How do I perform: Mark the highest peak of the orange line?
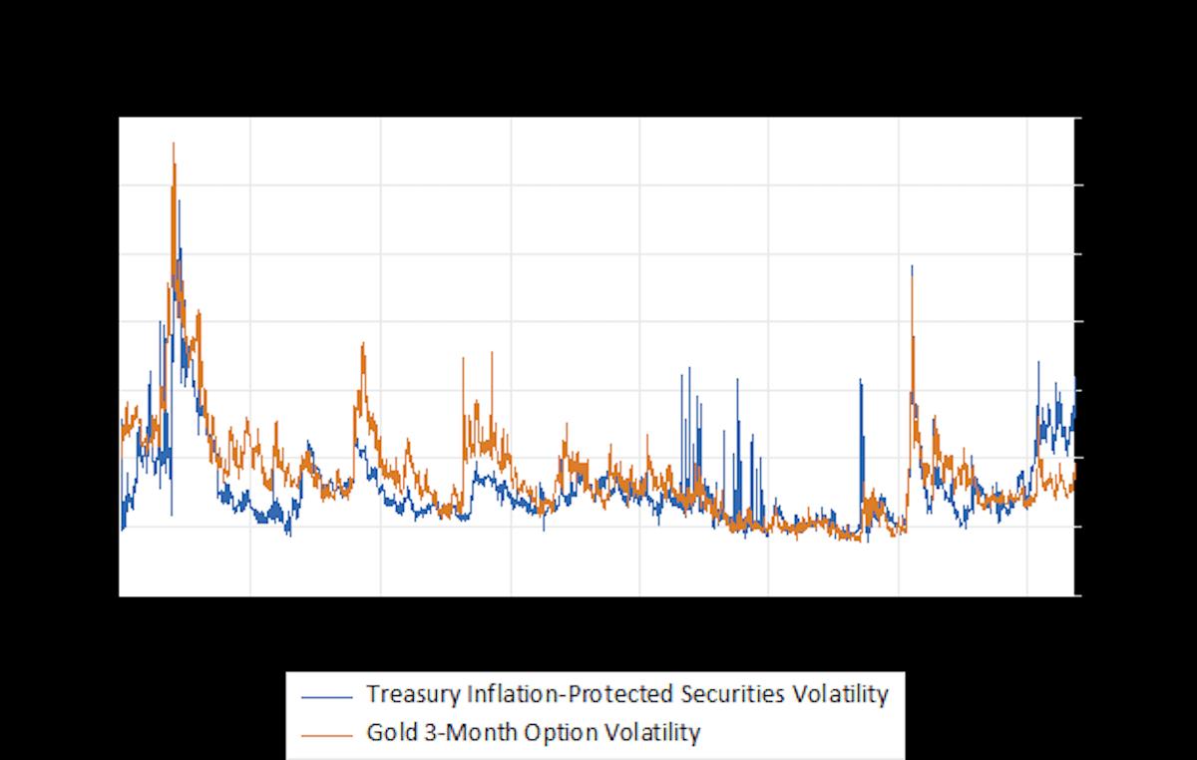[x=174, y=144]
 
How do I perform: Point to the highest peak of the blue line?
[x=180, y=201]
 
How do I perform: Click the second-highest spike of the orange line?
[x=912, y=266]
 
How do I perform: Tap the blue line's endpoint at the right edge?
[x=1074, y=379]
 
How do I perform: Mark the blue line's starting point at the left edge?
[x=122, y=527]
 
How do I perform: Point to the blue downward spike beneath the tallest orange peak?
[x=172, y=514]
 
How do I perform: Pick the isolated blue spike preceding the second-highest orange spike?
[x=861, y=381]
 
